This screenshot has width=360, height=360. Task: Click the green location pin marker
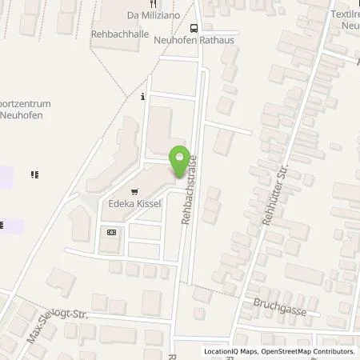tap(180, 158)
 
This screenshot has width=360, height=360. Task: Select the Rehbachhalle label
tap(119, 33)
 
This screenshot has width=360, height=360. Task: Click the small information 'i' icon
tap(142, 97)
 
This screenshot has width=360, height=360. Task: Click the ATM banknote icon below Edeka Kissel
tap(111, 232)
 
